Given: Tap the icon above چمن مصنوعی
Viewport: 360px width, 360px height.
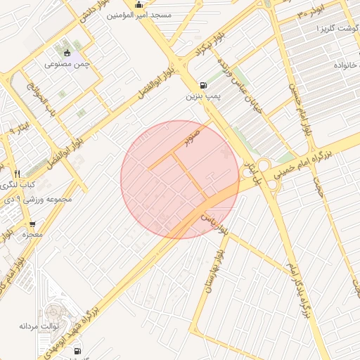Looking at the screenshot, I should click(x=67, y=53).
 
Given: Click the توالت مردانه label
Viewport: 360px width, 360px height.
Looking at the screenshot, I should click(x=37, y=326).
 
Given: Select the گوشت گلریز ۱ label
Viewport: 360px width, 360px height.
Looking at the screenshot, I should click(x=335, y=27).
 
